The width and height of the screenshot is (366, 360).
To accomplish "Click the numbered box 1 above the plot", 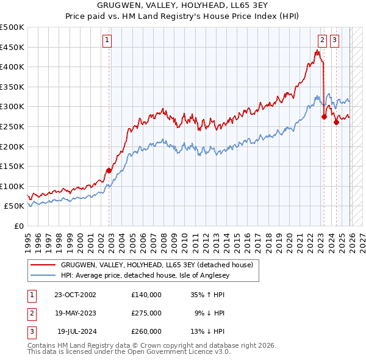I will tap(107, 41).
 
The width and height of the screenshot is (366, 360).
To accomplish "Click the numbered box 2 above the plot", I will tap(321, 41).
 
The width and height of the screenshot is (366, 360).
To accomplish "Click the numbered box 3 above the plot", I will tap(335, 41).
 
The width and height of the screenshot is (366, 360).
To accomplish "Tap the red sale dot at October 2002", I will tap(109, 170).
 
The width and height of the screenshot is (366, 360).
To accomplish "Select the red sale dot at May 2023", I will tap(324, 117).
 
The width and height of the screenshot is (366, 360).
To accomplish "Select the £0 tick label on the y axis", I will tap(18, 226).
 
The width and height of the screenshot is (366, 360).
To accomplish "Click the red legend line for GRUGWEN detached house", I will tap(43, 265).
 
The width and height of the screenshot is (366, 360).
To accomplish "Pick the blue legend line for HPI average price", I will tap(43, 275).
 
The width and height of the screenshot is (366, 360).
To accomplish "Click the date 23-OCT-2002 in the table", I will tap(75, 295).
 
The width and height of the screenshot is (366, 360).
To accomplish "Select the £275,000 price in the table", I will tap(146, 313).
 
